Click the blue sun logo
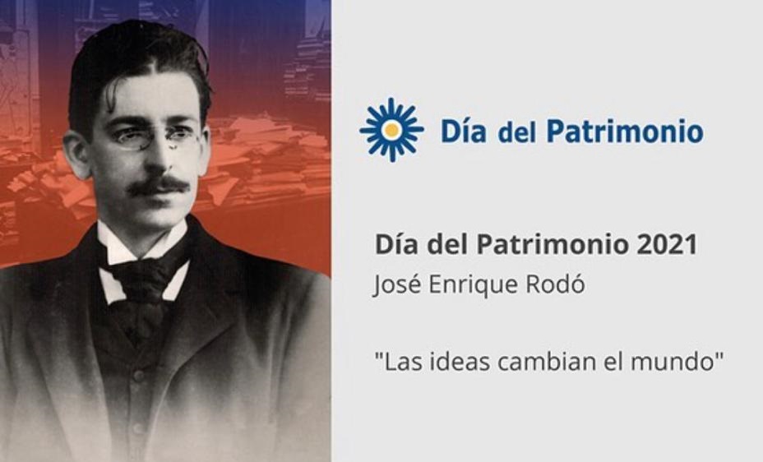pyautogui.click(x=391, y=130)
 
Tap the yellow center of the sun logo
pyautogui.click(x=391, y=130)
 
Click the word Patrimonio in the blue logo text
pyautogui.click(x=625, y=131)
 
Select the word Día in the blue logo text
pyautogui.click(x=463, y=131)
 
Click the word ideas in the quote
pyautogui.click(x=457, y=362)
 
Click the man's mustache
pyautogui.click(x=158, y=185)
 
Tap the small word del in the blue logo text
pyautogui.click(x=517, y=132)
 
